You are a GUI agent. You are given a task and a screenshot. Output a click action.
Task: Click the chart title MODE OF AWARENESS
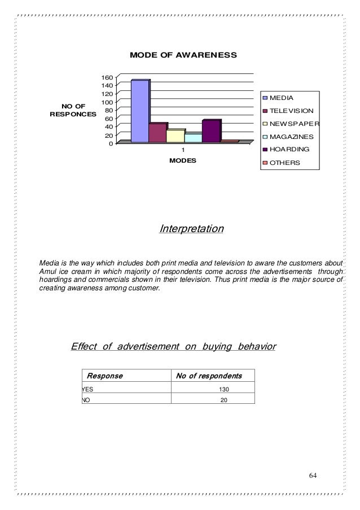183,55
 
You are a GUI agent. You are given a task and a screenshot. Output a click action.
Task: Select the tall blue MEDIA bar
139,111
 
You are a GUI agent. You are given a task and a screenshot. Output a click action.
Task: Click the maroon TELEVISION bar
157,133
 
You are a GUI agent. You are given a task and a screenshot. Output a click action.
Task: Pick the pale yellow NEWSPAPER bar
175,136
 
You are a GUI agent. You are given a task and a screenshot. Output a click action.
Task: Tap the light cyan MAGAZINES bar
192,137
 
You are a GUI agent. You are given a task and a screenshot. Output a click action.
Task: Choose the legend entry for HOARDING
288,150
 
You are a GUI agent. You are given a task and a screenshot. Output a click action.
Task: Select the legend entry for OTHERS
284,163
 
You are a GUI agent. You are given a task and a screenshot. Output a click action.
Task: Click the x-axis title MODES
182,161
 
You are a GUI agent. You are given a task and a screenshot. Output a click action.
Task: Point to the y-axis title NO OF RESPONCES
73,110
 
